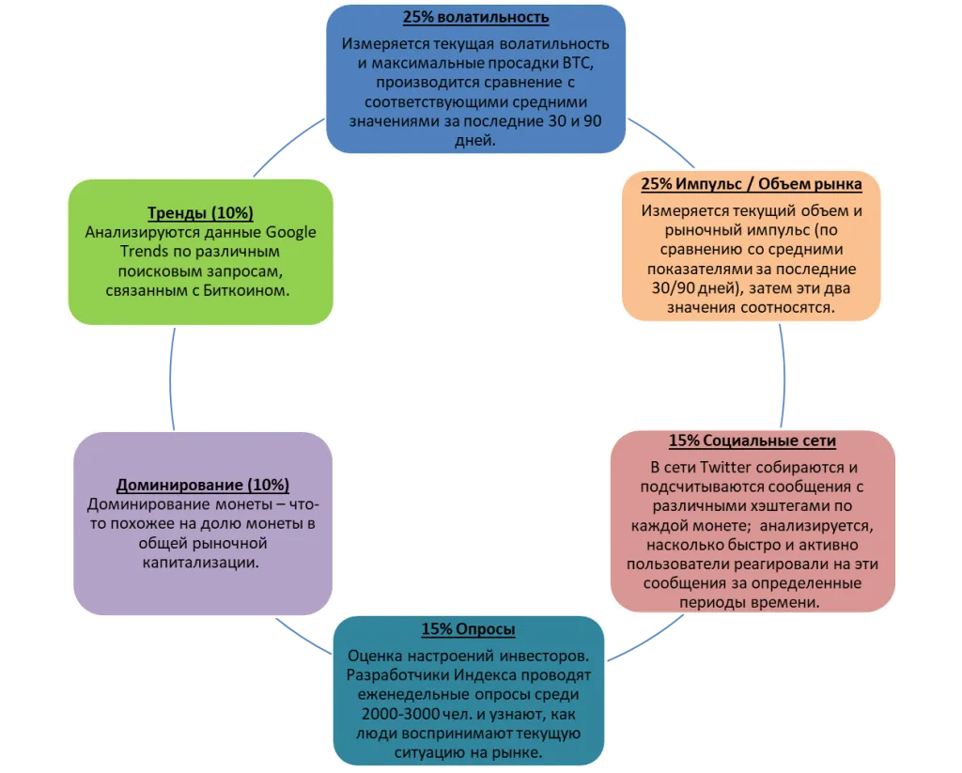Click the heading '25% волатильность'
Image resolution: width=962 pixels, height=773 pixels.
coord(475,17)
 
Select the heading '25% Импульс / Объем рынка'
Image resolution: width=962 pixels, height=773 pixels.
coord(751,183)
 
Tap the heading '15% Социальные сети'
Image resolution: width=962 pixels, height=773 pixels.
coord(753,441)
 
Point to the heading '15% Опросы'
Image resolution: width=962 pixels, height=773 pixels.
coord(468,629)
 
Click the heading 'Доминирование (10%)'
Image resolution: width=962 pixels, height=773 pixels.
coord(203,485)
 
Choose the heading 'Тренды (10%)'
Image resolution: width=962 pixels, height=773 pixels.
coord(200,213)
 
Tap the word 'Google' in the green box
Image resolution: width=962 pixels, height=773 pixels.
coord(290,233)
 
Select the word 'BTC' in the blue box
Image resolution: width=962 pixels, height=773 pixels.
coord(578,63)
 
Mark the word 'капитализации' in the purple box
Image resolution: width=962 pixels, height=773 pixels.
coord(201,563)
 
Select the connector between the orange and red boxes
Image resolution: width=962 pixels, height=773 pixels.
coord(784,376)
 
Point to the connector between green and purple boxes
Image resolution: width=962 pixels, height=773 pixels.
coord(171,379)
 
